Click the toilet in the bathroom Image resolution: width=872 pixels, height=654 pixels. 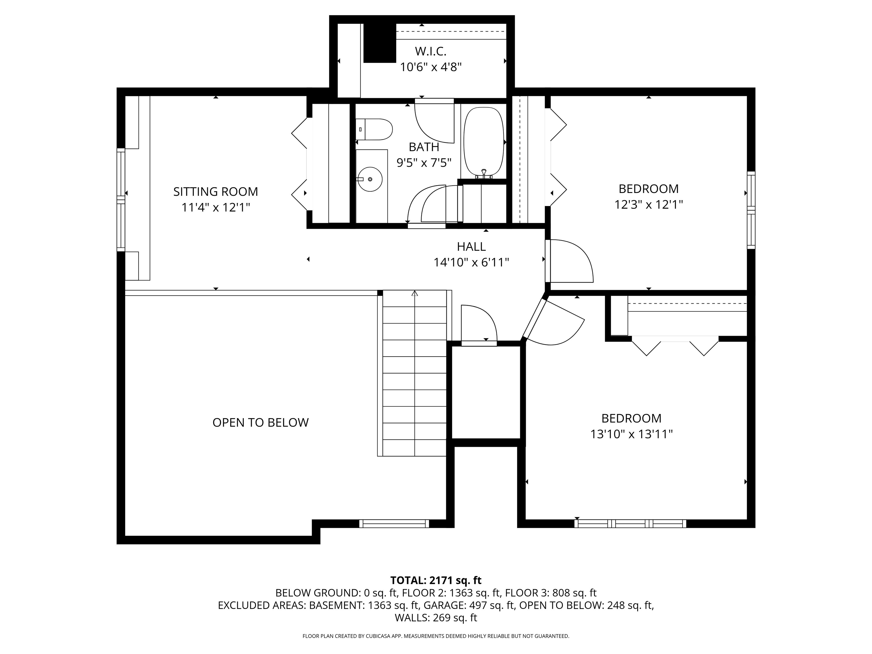[374, 129]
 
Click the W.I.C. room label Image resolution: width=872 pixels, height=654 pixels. [431, 51]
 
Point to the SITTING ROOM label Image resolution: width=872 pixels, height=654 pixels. [216, 192]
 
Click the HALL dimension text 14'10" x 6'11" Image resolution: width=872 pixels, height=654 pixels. [471, 263]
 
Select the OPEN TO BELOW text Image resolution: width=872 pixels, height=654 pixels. [261, 423]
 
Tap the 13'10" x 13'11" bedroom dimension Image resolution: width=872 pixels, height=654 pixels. [631, 434]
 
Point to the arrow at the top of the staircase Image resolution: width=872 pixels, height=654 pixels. [415, 293]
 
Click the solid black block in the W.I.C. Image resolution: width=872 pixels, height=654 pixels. [380, 43]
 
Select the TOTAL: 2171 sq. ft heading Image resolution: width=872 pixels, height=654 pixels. [436, 580]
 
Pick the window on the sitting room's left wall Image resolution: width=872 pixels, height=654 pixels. [121, 200]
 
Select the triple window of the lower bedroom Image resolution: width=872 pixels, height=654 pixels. [630, 523]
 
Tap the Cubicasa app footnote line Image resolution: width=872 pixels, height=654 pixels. [436, 636]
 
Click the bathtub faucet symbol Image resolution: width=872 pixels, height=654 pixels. [484, 173]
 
